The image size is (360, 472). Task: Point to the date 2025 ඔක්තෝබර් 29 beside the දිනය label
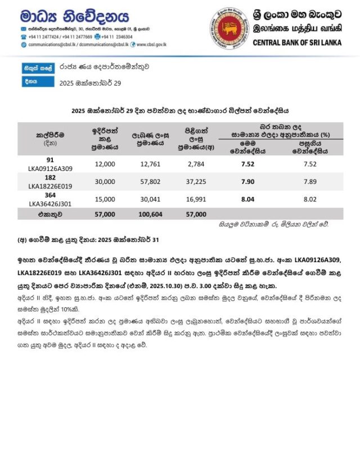tap(90, 83)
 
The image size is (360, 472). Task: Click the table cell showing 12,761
tap(148, 164)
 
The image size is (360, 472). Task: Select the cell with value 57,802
tap(148, 182)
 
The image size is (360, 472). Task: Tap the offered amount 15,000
tap(105, 199)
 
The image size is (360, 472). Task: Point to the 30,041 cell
tap(148, 199)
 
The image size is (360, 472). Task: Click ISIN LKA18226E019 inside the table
tap(50, 186)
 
